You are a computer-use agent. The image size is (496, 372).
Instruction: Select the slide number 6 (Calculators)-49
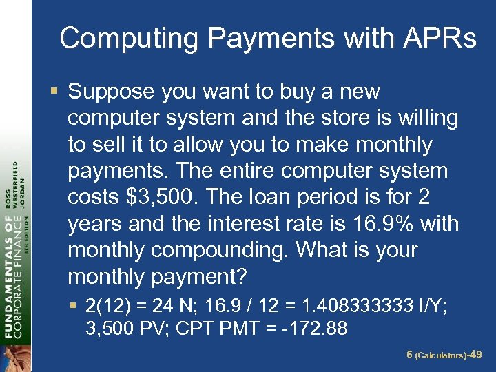(x=444, y=354)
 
